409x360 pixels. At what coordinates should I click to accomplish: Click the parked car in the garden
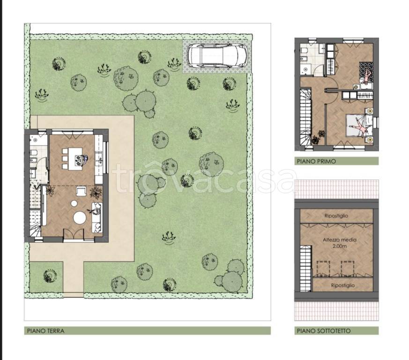coord(217,55)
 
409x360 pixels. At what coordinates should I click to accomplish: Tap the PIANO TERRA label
coord(45,331)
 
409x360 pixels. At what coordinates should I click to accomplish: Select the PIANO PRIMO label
coord(316,161)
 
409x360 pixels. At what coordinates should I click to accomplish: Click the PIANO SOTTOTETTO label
coord(324,331)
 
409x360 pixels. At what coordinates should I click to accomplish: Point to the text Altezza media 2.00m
coord(340,243)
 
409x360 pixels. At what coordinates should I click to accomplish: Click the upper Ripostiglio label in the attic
coord(336,216)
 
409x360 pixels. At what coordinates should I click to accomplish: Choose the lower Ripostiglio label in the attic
coord(343,285)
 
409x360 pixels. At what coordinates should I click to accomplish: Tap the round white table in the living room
coord(80,217)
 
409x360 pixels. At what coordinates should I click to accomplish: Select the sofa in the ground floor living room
coord(97,217)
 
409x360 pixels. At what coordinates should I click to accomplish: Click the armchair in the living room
coord(82,191)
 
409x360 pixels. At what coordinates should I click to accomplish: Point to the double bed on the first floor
coord(359,126)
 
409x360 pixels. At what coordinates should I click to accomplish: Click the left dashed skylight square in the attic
coord(323,268)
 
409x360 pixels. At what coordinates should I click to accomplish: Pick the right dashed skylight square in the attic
coord(348,268)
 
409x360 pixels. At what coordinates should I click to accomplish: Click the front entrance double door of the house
coord(74,233)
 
